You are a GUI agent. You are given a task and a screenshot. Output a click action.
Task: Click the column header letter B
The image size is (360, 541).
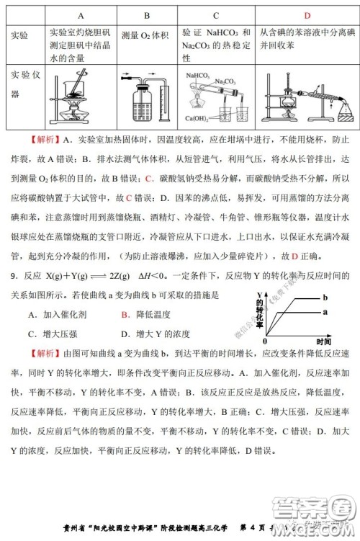click(x=146, y=15)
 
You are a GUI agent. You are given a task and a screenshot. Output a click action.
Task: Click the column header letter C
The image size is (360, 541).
click(x=216, y=15)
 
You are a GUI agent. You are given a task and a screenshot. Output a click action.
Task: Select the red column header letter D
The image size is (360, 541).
click(x=306, y=15)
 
